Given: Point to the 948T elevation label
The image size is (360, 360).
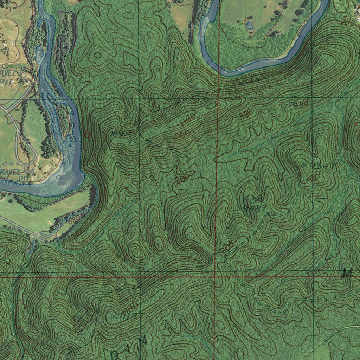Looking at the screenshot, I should point(255,207).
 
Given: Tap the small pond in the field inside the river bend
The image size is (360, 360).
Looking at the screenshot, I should point(249,26).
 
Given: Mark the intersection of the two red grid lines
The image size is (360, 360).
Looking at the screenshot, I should point(215,277).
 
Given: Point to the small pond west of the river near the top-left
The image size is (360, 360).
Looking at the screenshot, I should point(39,54).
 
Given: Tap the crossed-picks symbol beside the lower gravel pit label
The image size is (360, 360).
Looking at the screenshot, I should point(31,172).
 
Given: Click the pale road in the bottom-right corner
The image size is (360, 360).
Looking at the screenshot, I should point(337,332).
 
